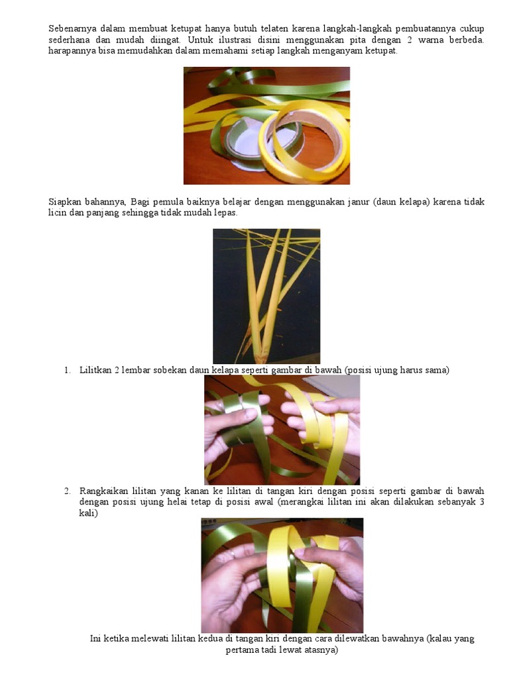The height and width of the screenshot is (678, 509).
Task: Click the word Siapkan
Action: (64, 202)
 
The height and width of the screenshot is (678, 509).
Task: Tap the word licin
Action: (57, 213)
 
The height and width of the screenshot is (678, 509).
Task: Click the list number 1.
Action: (68, 370)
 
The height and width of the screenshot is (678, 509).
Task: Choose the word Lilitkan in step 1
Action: (95, 370)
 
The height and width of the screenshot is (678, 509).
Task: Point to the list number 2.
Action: (68, 491)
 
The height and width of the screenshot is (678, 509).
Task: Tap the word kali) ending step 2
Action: (88, 513)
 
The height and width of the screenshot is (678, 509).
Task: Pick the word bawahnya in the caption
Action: (404, 639)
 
